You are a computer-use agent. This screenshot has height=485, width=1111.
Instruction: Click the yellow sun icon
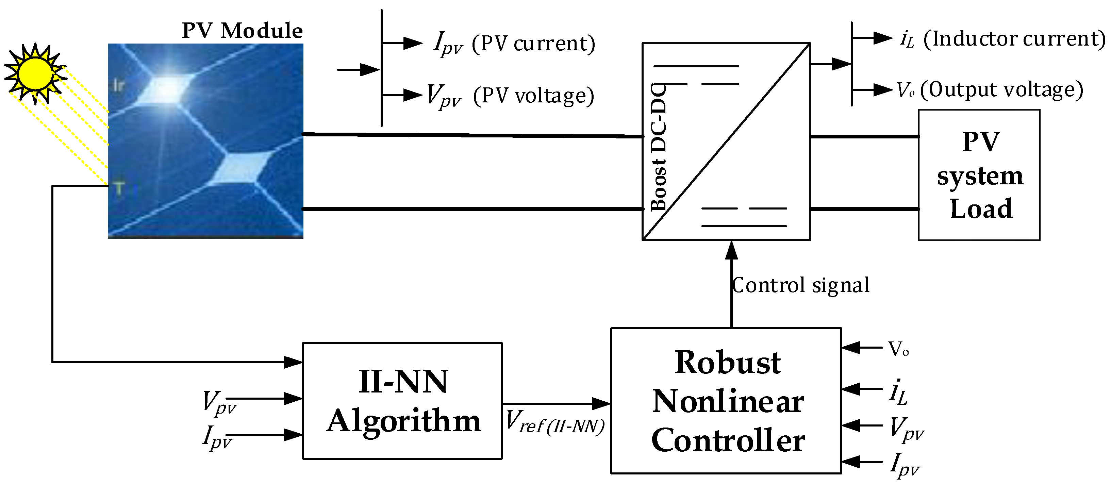[x=34, y=73]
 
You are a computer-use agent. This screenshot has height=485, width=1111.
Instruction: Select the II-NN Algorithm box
[x=402, y=401]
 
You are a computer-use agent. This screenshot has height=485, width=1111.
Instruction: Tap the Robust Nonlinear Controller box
[x=726, y=401]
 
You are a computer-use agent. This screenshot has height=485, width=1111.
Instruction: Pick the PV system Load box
[x=979, y=174]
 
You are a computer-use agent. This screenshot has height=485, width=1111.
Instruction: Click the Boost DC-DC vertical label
[x=659, y=147]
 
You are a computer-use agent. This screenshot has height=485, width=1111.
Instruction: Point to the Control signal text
[x=800, y=285]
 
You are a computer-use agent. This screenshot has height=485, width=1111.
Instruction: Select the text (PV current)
[x=533, y=43]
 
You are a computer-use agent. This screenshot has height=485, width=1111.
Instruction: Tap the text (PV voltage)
[x=533, y=95]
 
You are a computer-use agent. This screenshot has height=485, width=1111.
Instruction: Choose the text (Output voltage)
[x=1001, y=90]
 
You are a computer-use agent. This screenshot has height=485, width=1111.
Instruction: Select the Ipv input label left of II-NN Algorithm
[x=217, y=437]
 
